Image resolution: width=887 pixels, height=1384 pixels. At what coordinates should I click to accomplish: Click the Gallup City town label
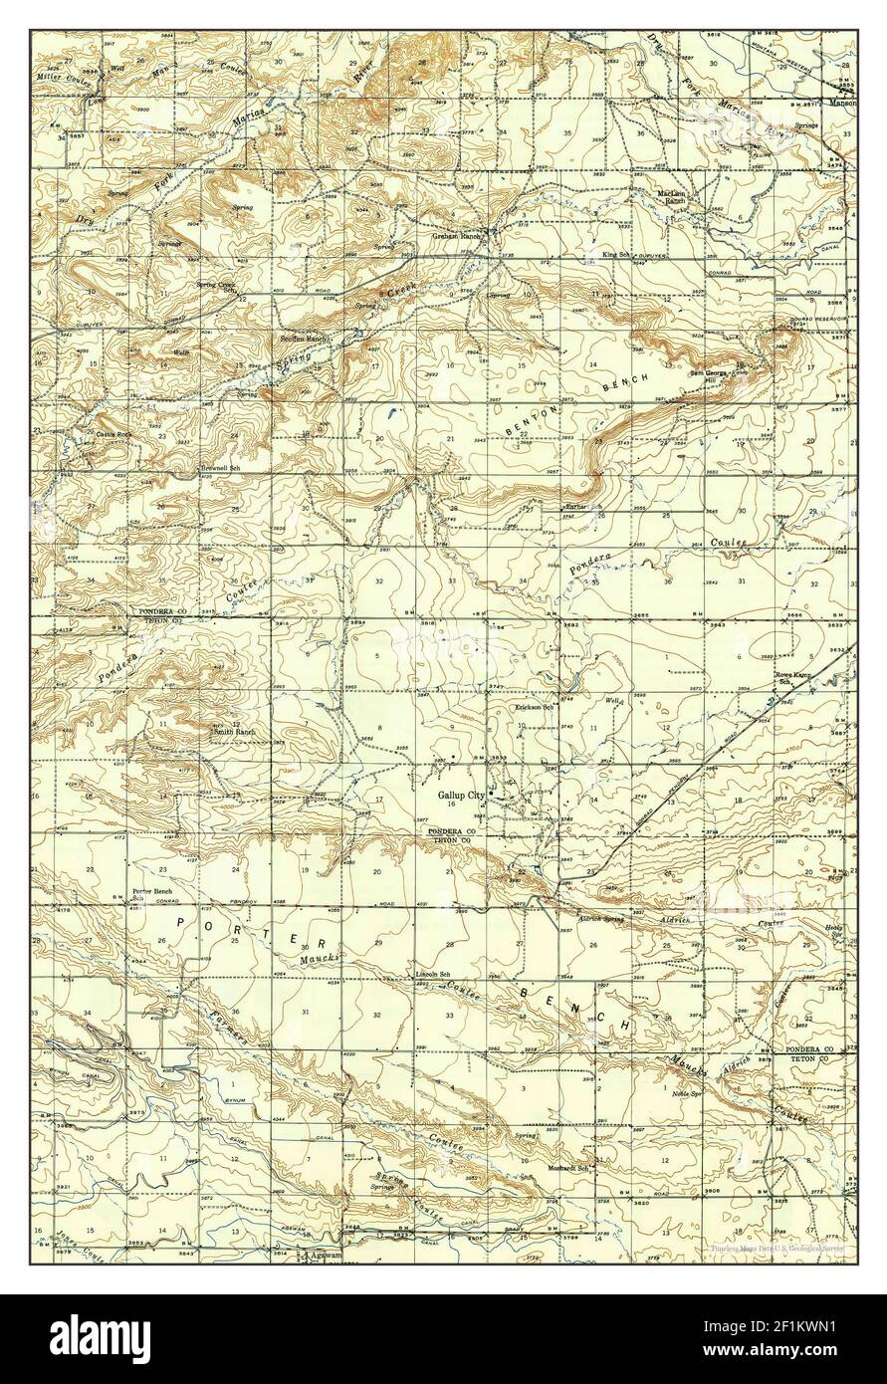(460, 796)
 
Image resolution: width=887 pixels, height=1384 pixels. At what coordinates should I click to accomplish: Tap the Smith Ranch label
(234, 732)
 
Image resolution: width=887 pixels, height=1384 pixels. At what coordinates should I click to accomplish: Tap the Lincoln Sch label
(433, 973)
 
